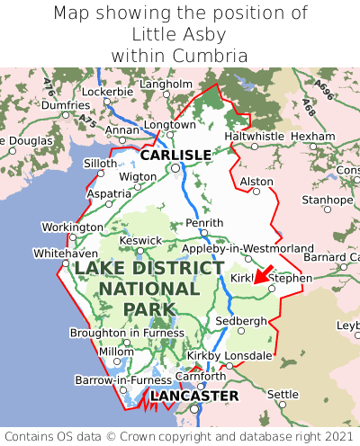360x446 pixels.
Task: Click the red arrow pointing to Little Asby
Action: coord(262,274)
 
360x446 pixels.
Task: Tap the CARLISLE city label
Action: coord(175,155)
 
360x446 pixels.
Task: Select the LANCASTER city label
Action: coord(194,396)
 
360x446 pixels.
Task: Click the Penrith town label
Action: coord(202,223)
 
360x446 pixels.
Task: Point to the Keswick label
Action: coord(141,240)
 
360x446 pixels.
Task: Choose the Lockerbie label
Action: coord(107,92)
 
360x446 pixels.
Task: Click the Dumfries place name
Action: coord(65,105)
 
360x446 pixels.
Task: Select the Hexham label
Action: coord(313,136)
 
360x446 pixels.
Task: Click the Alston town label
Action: coord(256,181)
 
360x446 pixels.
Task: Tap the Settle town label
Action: coord(283,394)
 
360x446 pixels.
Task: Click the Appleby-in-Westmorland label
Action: coord(247,248)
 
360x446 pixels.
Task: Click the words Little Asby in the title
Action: coord(180,34)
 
